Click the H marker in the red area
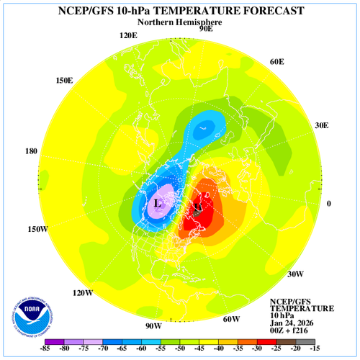197,208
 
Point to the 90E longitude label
206,29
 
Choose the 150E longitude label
64,80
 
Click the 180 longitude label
31,152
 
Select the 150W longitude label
38,229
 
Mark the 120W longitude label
83,292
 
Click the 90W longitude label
153,325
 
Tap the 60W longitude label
230,319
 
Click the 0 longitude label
329,204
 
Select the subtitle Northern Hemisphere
179,22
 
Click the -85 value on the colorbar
45,349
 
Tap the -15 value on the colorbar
315,349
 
